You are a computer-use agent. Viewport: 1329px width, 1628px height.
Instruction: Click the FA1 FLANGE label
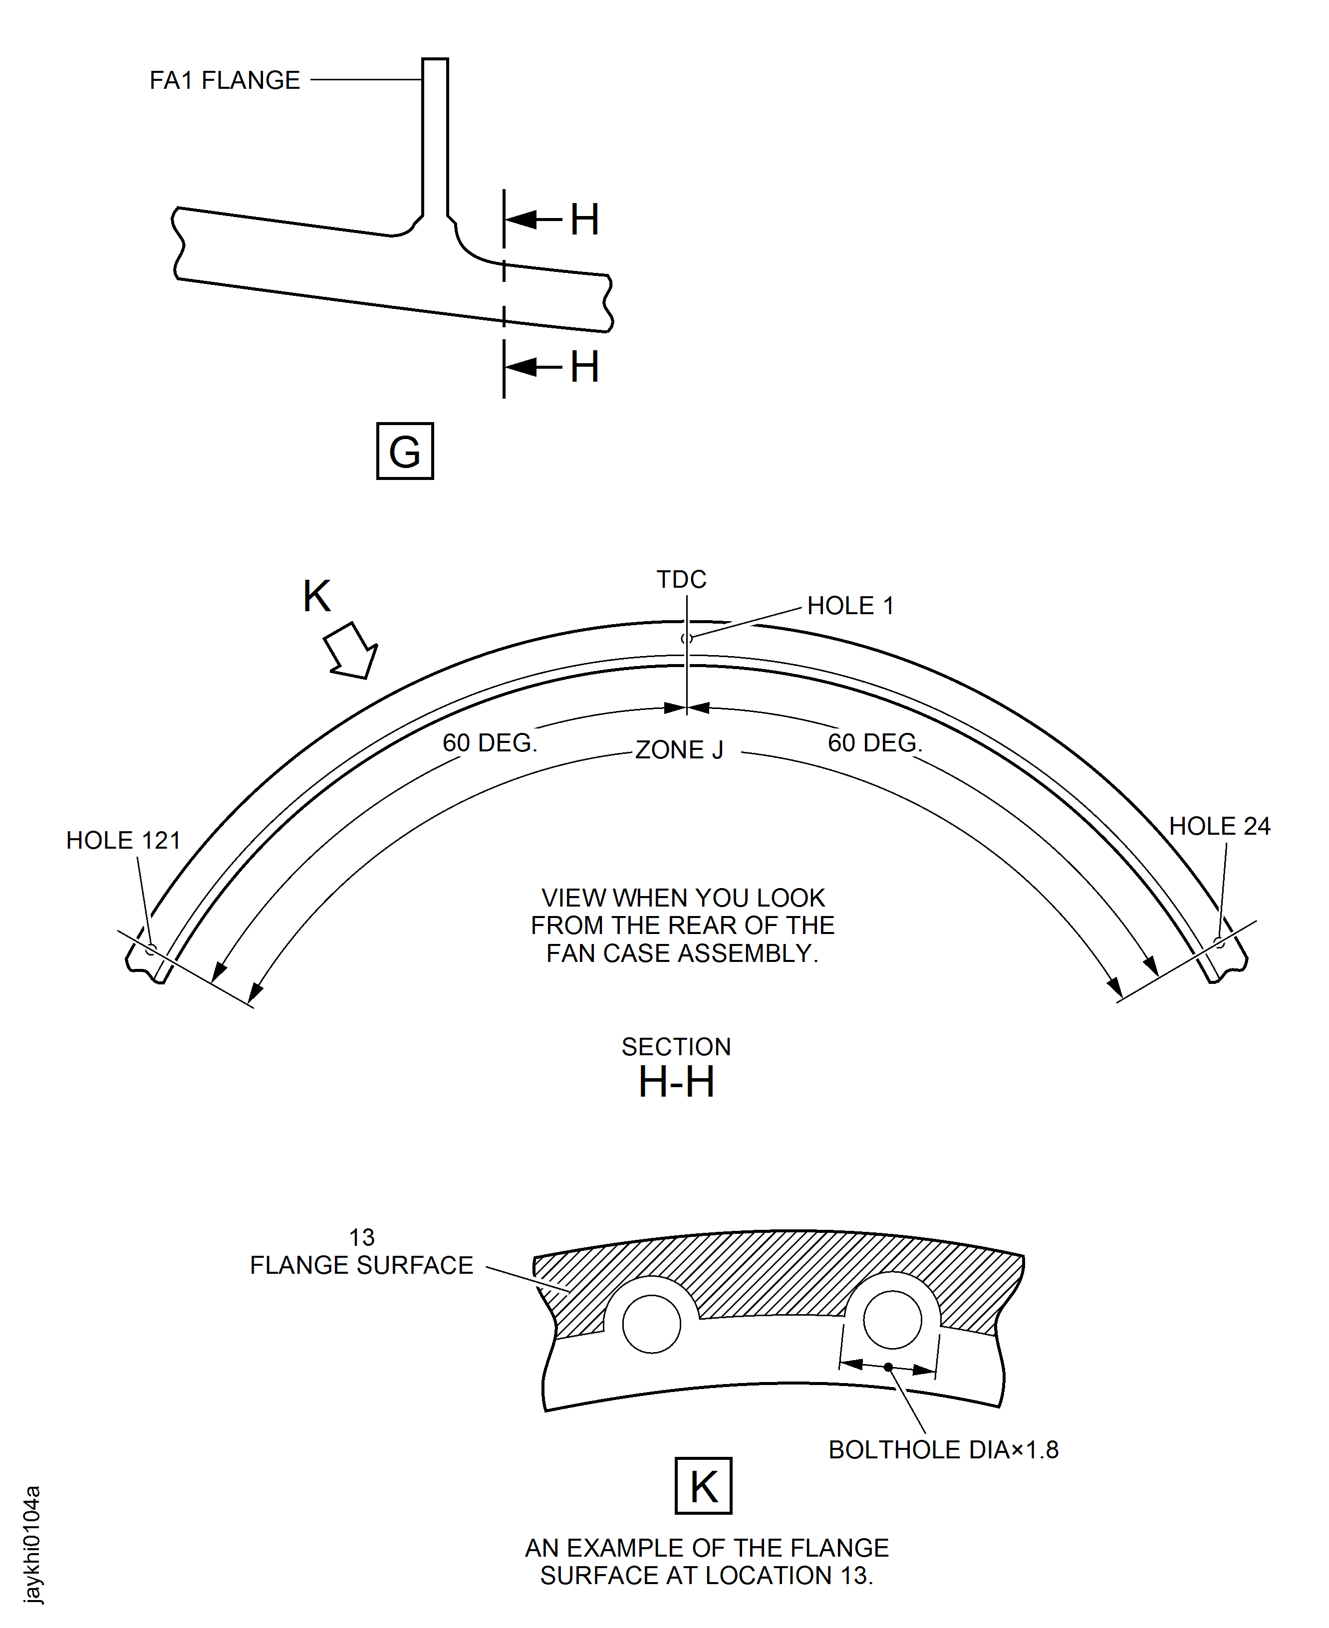click(224, 80)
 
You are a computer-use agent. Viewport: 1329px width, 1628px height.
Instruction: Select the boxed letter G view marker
click(404, 451)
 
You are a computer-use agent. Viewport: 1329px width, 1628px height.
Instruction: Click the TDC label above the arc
click(681, 579)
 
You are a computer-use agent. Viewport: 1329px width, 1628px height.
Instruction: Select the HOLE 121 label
click(123, 840)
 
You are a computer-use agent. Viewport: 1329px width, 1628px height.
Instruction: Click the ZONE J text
click(679, 749)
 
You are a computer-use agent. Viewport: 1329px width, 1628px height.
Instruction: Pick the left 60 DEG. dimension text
click(490, 742)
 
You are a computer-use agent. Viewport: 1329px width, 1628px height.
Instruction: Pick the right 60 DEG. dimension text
click(875, 742)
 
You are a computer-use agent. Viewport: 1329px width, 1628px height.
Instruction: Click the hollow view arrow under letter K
click(351, 652)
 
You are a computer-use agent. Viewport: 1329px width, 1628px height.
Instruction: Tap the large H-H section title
click(676, 1082)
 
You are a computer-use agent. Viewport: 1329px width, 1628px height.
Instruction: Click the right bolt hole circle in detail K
click(892, 1320)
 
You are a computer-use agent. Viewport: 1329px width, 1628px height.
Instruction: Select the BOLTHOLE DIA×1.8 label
click(943, 1450)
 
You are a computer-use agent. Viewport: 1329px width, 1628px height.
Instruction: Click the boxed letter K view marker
click(704, 1486)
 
